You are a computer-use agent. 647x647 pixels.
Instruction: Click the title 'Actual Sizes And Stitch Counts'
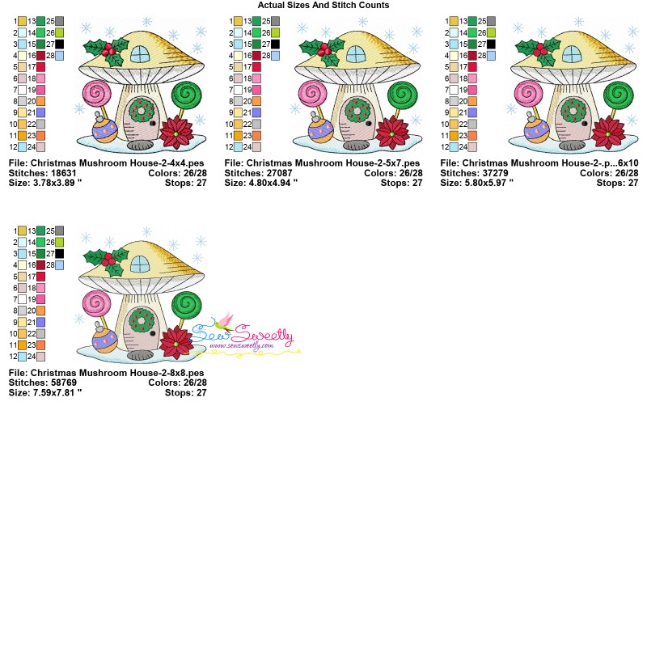pyautogui.click(x=323, y=5)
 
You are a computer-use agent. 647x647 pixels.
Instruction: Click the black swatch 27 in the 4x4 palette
pyautogui.click(x=59, y=44)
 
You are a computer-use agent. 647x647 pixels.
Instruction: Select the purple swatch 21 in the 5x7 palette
pyautogui.click(x=256, y=112)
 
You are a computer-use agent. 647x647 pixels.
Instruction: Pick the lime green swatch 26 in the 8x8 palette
pyautogui.click(x=59, y=242)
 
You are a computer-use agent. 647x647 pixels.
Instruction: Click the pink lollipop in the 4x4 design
pyautogui.click(x=96, y=93)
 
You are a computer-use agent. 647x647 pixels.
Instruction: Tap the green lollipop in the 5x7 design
pyautogui.click(x=401, y=95)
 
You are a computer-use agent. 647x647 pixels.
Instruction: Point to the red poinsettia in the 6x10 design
pyautogui.click(x=608, y=133)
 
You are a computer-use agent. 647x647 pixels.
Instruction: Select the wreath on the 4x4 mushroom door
pyautogui.click(x=142, y=110)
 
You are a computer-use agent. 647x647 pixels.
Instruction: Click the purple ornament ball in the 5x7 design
pyautogui.click(x=320, y=130)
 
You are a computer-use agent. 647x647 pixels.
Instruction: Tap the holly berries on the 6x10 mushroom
pyautogui.click(x=540, y=50)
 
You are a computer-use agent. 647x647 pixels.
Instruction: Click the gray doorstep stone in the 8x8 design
pyautogui.click(x=140, y=354)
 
